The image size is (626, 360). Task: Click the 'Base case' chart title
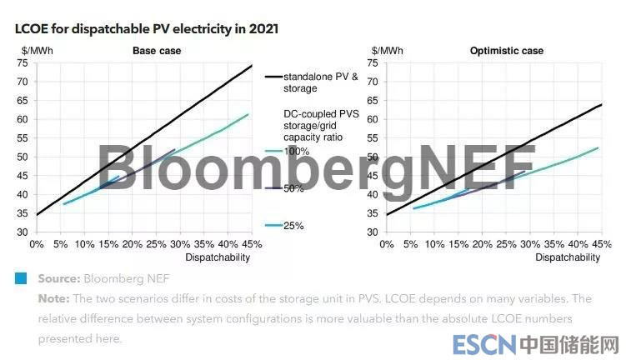[x=157, y=51]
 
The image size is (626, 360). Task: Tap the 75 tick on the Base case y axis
[x=23, y=62]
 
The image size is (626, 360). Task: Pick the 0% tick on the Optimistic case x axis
[x=386, y=244]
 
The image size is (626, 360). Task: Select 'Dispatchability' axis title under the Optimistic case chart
[x=567, y=257]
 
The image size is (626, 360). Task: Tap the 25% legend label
[x=294, y=226]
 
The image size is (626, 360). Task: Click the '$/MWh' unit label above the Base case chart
[x=37, y=51]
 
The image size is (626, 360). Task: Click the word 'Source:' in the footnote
[x=58, y=278]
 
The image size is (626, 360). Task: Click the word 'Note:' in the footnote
[x=54, y=298]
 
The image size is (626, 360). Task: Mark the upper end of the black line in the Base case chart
[x=251, y=65]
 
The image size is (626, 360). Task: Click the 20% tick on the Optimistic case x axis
[x=481, y=244]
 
